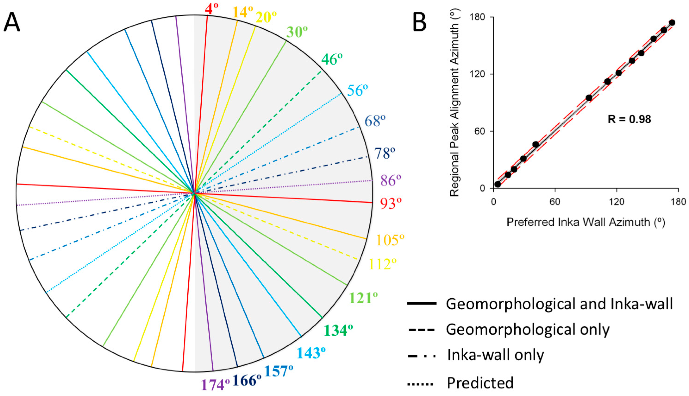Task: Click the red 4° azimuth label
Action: coord(212,9)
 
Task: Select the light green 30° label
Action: coord(297,32)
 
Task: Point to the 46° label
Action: coord(332,59)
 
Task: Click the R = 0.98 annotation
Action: coord(629,119)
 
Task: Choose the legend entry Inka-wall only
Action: coord(495,355)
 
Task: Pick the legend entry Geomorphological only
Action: coord(527,329)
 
